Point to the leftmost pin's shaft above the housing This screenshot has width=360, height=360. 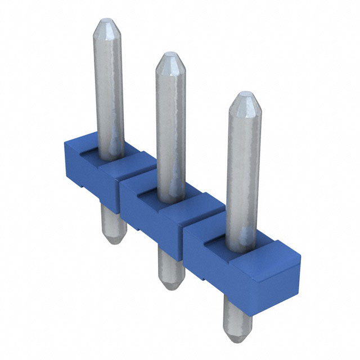[108, 90]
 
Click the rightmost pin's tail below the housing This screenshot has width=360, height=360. [235, 315]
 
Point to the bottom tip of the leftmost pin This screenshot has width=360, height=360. [115, 240]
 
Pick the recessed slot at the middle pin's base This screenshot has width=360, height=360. [149, 192]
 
